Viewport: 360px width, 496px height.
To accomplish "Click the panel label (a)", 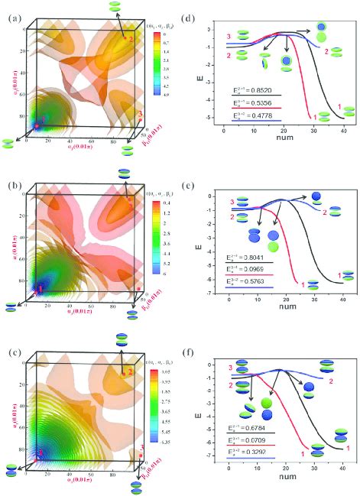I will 13,15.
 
